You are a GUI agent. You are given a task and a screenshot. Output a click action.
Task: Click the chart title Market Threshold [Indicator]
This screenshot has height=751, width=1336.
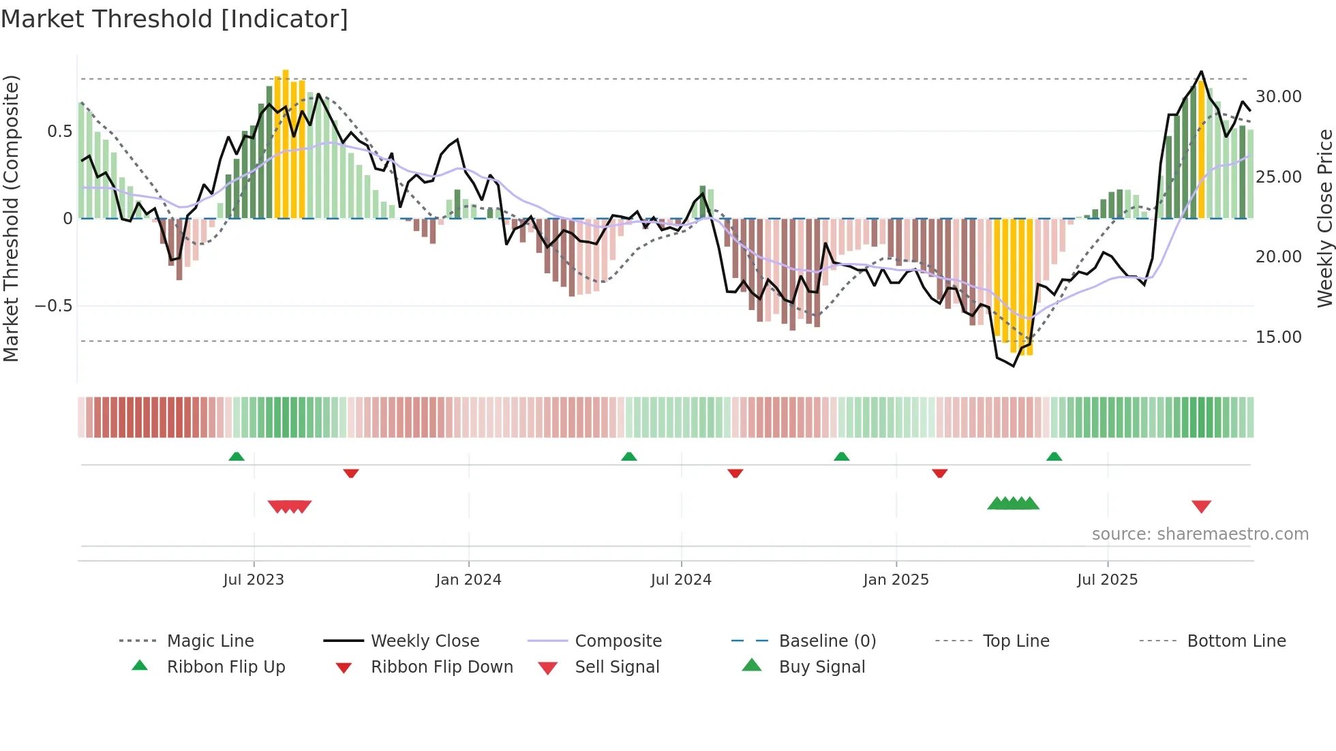pyautogui.click(x=174, y=19)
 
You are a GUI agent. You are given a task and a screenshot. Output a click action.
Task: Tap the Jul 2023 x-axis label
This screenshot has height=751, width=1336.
pyautogui.click(x=254, y=580)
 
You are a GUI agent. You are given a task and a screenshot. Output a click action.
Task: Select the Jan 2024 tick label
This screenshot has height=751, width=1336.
pyautogui.click(x=468, y=580)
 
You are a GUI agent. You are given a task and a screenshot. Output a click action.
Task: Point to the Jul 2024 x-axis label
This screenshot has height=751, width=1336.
pyautogui.click(x=681, y=580)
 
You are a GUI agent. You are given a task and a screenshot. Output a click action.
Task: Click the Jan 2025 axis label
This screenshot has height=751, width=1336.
pyautogui.click(x=896, y=580)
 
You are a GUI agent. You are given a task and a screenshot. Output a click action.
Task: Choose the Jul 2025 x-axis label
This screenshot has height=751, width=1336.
pyautogui.click(x=1108, y=580)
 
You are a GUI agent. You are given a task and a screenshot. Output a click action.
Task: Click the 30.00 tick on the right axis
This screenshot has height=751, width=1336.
pyautogui.click(x=1279, y=97)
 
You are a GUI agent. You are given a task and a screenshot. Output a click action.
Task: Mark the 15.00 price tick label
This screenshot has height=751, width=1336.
pyautogui.click(x=1279, y=337)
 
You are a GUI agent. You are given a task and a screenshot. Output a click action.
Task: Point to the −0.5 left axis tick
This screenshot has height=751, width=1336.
pyautogui.click(x=53, y=306)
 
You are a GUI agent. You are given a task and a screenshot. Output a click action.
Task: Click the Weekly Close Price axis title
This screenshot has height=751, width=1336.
pyautogui.click(x=1324, y=218)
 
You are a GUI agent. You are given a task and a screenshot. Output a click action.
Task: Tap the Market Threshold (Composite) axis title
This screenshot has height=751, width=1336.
pyautogui.click(x=11, y=218)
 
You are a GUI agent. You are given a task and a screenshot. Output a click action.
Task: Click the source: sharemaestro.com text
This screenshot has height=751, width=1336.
pyautogui.click(x=1200, y=534)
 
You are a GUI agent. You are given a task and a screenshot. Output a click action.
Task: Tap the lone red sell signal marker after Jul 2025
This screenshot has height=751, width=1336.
pyautogui.click(x=1201, y=506)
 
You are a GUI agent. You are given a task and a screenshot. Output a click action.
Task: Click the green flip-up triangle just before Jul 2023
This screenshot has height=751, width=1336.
pyautogui.click(x=237, y=457)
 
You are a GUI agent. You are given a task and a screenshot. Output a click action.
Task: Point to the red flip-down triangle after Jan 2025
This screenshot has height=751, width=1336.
pyautogui.click(x=940, y=473)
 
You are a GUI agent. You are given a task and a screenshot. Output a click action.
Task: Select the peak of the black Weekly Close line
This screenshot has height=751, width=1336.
pyautogui.click(x=1201, y=72)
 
